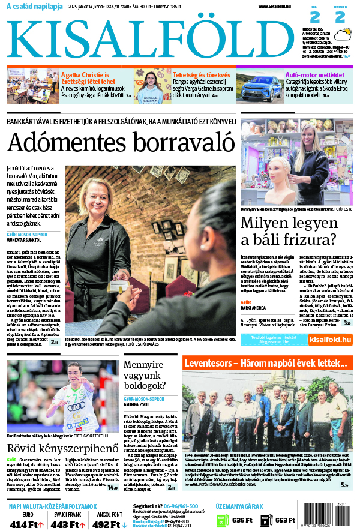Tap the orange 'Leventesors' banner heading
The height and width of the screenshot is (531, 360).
[265, 364]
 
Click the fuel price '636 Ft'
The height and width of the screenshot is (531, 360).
[242, 520]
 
